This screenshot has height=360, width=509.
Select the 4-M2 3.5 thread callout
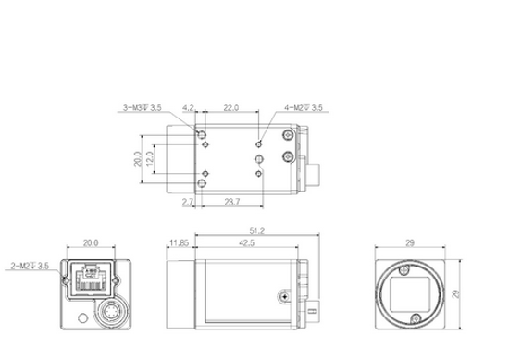(304, 107)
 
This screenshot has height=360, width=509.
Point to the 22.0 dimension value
(231, 107)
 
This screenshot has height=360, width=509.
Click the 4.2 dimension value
(189, 107)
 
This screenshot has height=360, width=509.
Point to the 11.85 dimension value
(179, 243)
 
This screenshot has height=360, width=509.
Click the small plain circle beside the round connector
(83, 321)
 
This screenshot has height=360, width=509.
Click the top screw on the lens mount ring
(406, 269)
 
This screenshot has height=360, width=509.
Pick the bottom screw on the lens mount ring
(412, 320)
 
